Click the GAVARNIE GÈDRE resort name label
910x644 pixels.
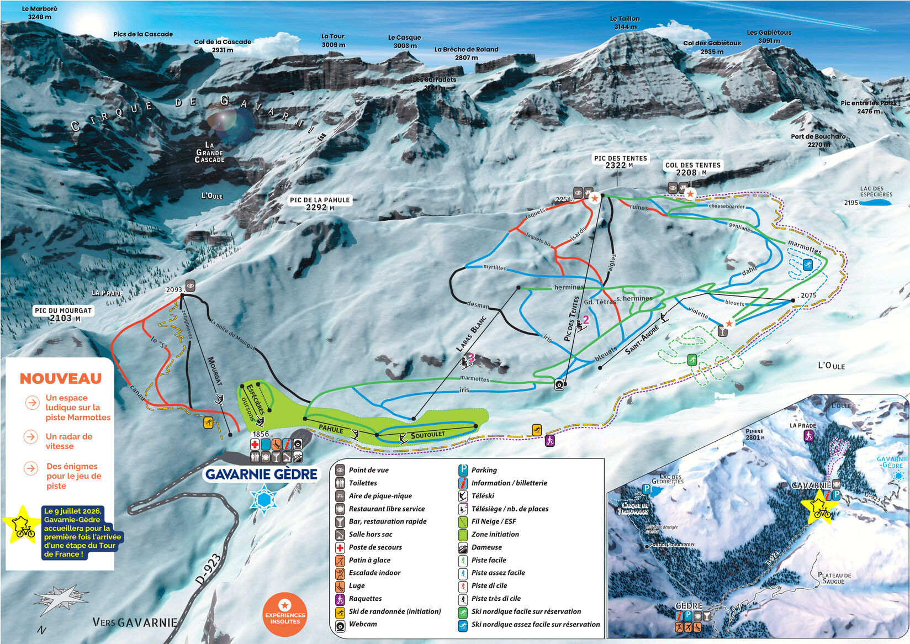tap(261, 474)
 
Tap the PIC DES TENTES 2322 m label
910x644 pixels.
tap(620, 162)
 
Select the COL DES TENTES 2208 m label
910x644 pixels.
tap(692, 168)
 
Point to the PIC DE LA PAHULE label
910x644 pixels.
tap(320, 203)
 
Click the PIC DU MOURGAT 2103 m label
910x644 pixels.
tap(63, 314)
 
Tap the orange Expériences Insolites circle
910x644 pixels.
tap(285, 615)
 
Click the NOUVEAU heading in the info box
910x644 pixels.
tap(61, 378)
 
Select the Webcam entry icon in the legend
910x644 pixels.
tap(340, 625)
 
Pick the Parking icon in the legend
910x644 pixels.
tap(463, 470)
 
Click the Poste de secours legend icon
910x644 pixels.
tap(340, 547)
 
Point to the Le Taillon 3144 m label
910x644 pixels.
tap(625, 23)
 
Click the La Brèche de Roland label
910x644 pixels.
tap(466, 53)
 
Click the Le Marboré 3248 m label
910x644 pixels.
tap(39, 13)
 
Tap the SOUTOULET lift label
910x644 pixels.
tap(427, 435)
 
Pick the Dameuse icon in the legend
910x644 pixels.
tap(463, 547)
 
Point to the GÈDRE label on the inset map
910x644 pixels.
tap(689, 606)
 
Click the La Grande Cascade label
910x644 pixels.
tap(210, 152)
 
